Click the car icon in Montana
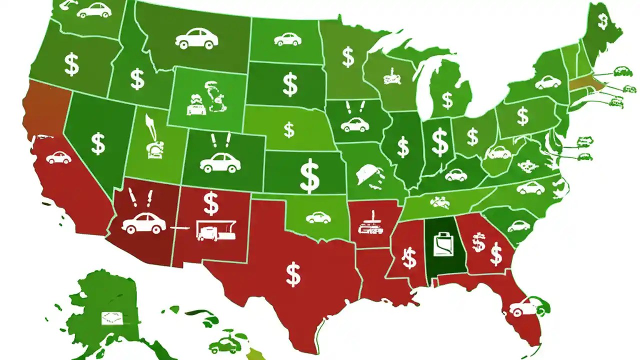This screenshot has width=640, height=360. pos(196,38)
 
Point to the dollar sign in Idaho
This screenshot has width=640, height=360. pos(137,79)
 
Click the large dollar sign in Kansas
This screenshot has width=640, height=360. pos(310,175)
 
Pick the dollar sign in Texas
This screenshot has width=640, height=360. pos(293,274)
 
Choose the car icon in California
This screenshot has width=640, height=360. pos(58,158)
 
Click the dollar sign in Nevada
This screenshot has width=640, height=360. pos(98,143)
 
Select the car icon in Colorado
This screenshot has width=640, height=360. pos(220,162)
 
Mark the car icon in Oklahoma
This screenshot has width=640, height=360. pos(318,217)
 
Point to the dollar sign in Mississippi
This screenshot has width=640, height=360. pos(409,258)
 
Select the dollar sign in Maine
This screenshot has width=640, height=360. pos(603,21)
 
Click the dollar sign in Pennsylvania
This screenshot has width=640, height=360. pos(522,116)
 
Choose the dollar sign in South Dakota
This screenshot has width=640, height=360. pos(290,84)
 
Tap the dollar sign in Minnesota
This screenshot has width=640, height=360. pos(348,57)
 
